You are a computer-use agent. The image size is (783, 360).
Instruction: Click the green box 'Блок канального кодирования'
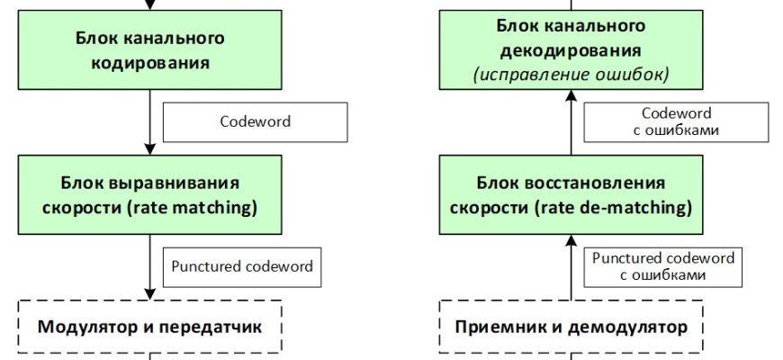click(x=150, y=51)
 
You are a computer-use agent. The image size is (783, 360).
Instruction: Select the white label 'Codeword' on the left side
click(x=255, y=121)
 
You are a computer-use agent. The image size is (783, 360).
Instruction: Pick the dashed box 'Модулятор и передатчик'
click(x=150, y=326)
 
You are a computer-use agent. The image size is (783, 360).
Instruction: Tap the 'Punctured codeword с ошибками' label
click(x=663, y=266)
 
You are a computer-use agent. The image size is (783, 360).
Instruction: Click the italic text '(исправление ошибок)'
click(x=571, y=74)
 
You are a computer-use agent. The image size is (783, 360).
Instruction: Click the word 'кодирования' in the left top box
click(x=150, y=63)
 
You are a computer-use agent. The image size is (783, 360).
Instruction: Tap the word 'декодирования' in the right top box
click(x=571, y=51)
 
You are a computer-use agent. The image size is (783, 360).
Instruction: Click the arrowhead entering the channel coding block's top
click(x=150, y=5)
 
